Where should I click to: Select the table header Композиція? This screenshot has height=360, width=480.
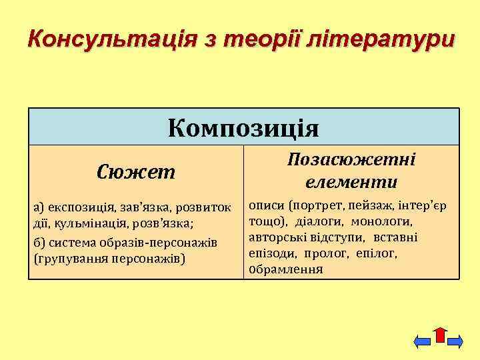coord(244,127)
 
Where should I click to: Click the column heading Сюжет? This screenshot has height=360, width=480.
coord(136,173)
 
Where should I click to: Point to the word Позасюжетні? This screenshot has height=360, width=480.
coord(351,161)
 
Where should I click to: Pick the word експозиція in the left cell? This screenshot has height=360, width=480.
coord(74,207)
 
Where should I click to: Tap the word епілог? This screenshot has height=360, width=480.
coord(377,253)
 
